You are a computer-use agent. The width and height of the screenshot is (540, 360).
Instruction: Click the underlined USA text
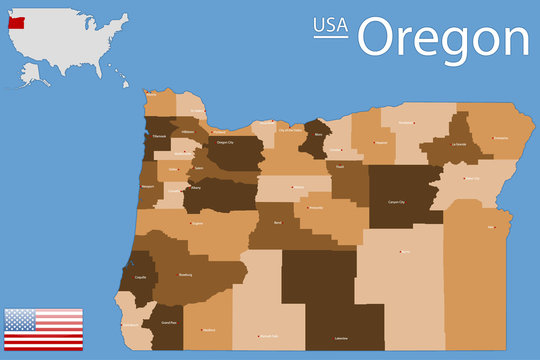click(332, 26)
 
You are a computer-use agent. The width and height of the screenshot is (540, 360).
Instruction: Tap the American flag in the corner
click(44, 329)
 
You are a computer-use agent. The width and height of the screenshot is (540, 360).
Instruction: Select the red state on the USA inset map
click(15, 20)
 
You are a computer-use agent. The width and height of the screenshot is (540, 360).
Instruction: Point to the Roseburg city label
click(185, 273)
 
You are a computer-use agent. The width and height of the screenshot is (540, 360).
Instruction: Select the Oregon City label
click(225, 142)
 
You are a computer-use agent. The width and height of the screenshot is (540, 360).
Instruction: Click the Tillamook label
click(158, 136)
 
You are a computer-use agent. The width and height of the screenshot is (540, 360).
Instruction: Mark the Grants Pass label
click(168, 322)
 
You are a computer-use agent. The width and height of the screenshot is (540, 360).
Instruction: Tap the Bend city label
click(278, 222)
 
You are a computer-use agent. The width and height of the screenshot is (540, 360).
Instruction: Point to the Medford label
click(208, 330)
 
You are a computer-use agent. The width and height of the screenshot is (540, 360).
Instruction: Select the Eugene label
click(198, 224)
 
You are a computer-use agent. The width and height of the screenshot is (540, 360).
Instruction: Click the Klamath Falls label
click(266, 336)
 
